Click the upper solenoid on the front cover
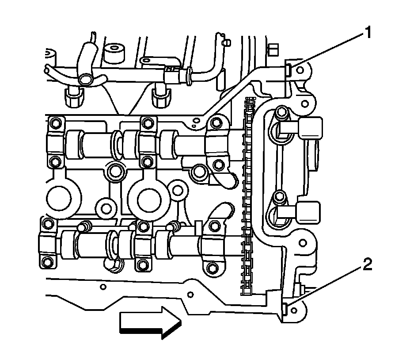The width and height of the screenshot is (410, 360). [309, 128]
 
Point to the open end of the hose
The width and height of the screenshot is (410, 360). [86, 80]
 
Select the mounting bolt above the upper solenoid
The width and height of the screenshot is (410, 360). [279, 111]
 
